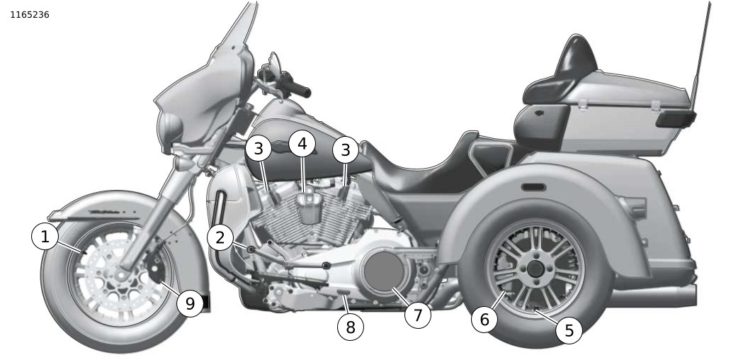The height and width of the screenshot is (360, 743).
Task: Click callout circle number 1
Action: [x=45, y=237]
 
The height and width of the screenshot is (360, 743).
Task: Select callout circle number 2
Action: [x=220, y=238]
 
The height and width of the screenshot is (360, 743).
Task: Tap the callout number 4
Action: [x=302, y=144]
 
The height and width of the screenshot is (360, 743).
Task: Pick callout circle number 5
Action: [x=569, y=330]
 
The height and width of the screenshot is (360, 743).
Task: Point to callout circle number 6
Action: [x=484, y=320]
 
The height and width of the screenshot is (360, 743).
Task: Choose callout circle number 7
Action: [x=418, y=315]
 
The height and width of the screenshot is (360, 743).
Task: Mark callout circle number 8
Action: [x=351, y=327]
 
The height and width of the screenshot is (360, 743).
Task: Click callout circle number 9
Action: [x=190, y=304]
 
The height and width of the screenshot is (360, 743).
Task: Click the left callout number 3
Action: [x=259, y=149]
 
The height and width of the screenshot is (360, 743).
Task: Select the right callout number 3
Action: [x=346, y=150]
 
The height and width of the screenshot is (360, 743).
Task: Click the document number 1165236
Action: [x=30, y=14]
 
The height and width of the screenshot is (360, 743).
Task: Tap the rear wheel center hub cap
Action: [x=534, y=271]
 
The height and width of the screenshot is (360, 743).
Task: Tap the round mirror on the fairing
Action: [x=170, y=128]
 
